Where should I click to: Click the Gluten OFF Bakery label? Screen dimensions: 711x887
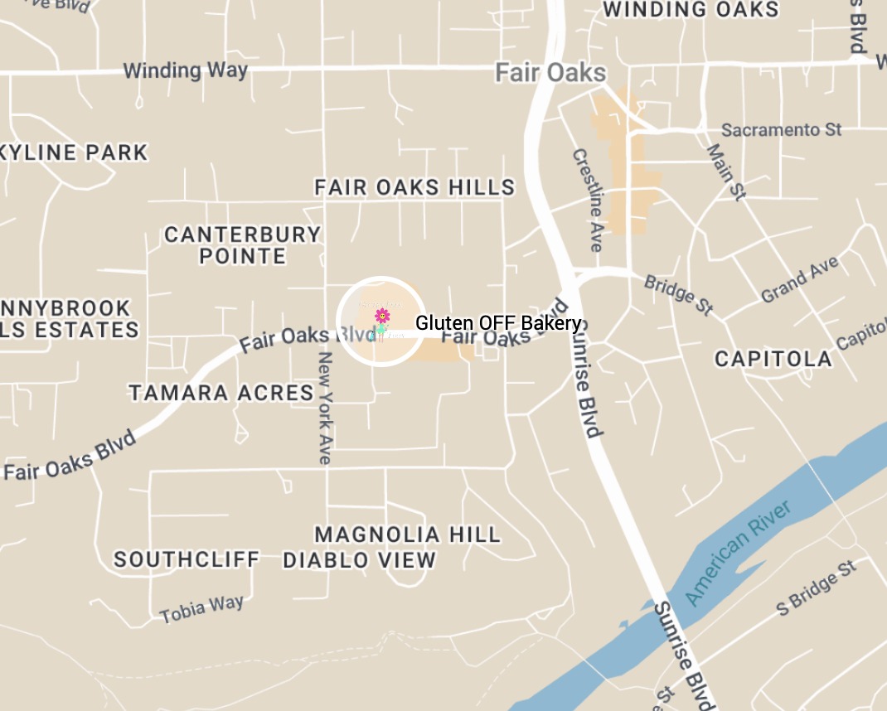pyautogui.click(x=497, y=322)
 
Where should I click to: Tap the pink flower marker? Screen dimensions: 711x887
pyautogui.click(x=382, y=316)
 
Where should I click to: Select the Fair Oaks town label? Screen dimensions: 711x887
pyautogui.click(x=550, y=73)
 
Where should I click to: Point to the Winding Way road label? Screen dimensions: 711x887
pyautogui.click(x=186, y=70)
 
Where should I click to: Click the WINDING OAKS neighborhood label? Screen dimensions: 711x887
pyautogui.click(x=690, y=10)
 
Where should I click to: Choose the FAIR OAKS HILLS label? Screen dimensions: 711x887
pyautogui.click(x=414, y=188)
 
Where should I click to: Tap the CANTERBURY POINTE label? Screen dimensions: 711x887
pyautogui.click(x=243, y=245)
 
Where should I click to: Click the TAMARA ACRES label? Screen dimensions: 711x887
pyautogui.click(x=221, y=392)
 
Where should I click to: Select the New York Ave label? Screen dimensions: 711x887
pyautogui.click(x=325, y=408)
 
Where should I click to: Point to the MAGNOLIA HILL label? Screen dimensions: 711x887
pyautogui.click(x=408, y=534)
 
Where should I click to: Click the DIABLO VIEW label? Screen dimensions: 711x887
pyautogui.click(x=360, y=560)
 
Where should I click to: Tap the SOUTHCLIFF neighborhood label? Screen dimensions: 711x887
pyautogui.click(x=187, y=559)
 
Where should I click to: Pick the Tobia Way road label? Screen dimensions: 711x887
pyautogui.click(x=202, y=609)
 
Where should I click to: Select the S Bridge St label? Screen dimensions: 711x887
pyautogui.click(x=816, y=588)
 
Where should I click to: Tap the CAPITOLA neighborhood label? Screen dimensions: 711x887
pyautogui.click(x=773, y=359)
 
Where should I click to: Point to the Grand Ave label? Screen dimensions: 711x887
pyautogui.click(x=800, y=280)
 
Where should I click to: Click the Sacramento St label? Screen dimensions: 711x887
pyautogui.click(x=781, y=130)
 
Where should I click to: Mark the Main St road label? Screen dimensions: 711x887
pyautogui.click(x=725, y=172)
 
